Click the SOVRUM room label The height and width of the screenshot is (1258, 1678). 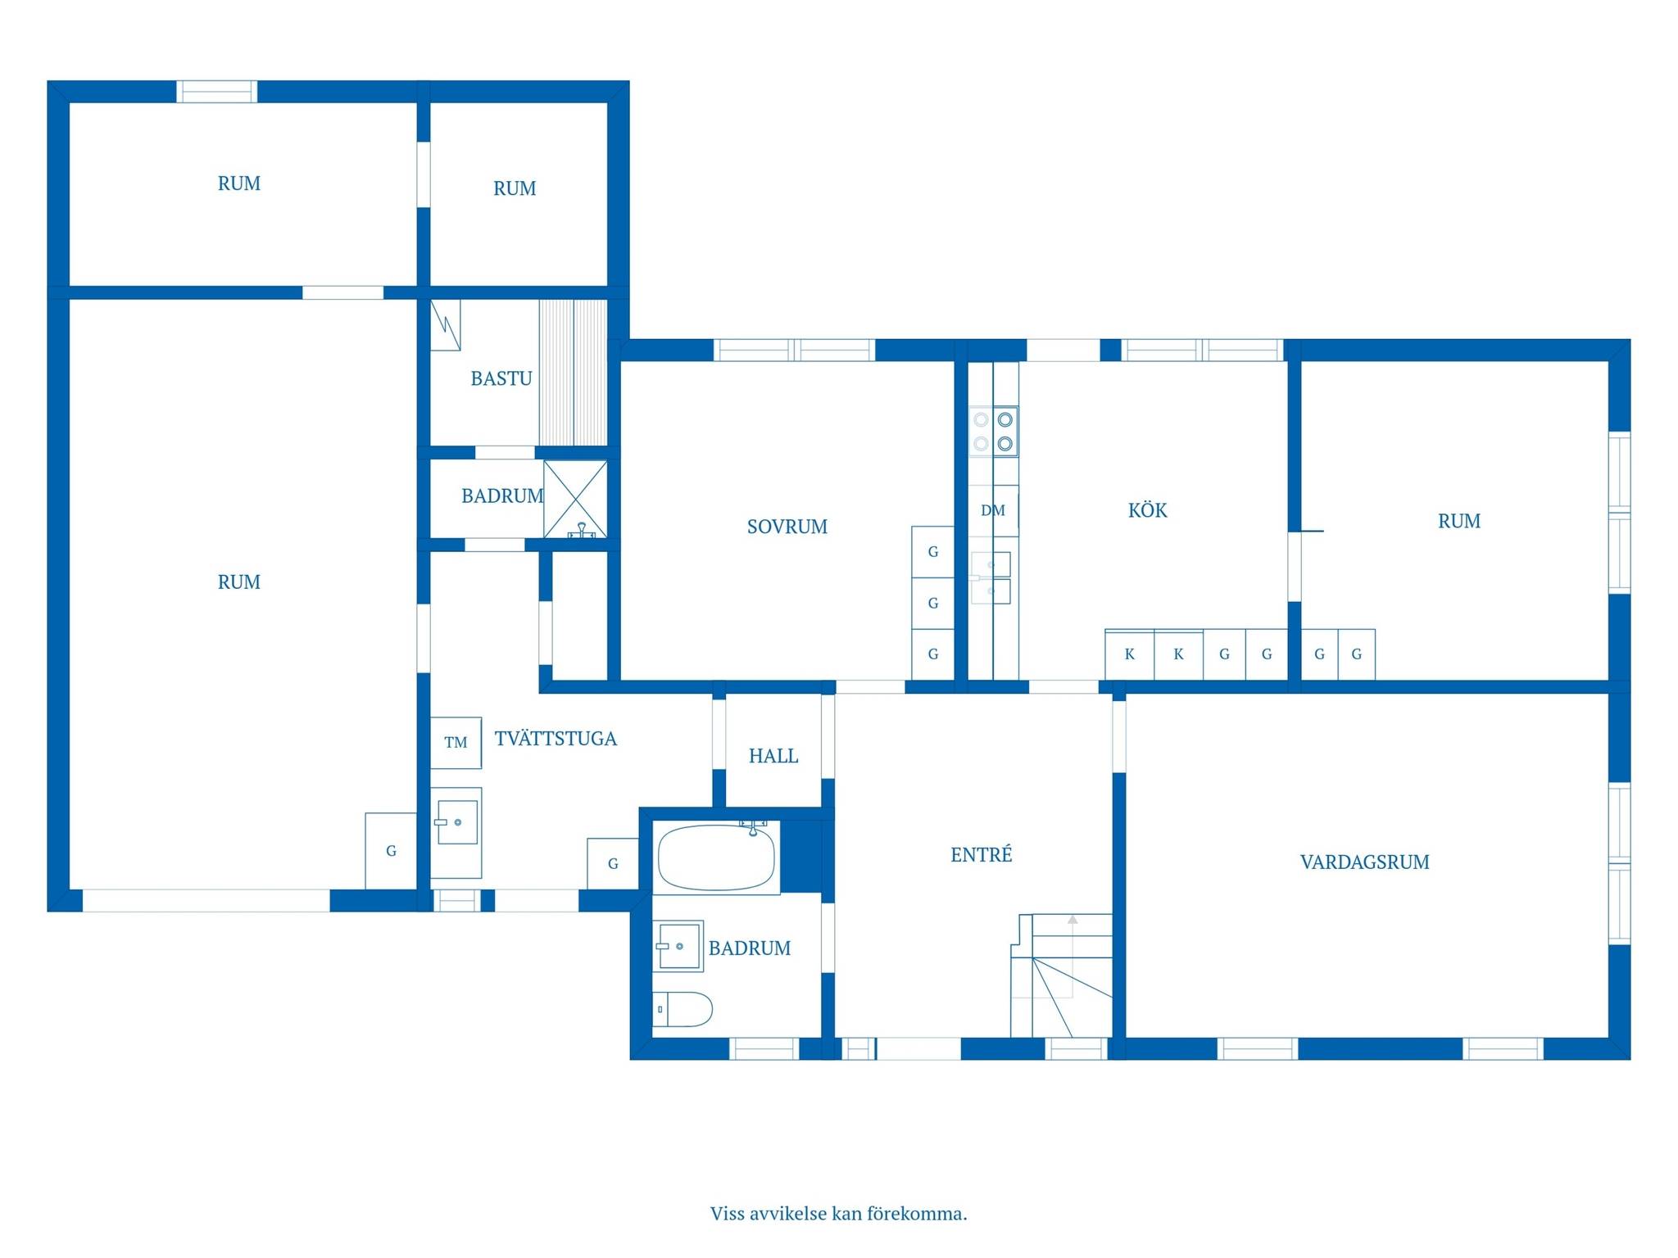point(787,527)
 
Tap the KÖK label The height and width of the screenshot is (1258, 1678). point(1147,509)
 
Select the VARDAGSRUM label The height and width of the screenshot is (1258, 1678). point(1364,862)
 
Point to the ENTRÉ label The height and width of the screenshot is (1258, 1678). point(981,854)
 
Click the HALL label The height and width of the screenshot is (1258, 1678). point(773,756)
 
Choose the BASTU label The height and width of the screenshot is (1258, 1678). point(501,378)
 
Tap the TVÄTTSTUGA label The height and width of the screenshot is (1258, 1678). point(556,738)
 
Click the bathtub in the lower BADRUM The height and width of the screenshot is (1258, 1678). point(716,858)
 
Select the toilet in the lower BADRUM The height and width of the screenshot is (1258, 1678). point(683,1009)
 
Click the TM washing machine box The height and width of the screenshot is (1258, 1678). point(456,742)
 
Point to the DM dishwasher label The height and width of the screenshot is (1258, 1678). point(993,510)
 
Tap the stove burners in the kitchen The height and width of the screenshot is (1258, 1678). point(993,432)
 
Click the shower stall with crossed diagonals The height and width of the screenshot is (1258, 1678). point(575,499)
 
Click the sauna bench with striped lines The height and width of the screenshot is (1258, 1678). point(573,373)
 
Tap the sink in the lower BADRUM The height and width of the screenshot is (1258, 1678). point(678,946)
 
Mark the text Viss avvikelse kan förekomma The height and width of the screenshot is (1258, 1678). point(838,1213)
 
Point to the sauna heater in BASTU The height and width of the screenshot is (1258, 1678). point(446,325)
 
